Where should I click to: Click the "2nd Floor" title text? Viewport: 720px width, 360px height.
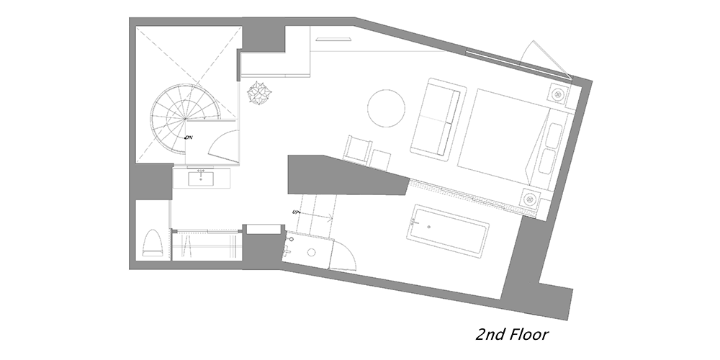pos(511,334)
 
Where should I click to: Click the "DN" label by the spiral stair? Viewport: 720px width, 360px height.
pos(189,138)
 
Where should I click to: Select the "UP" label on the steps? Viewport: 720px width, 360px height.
pos(296,212)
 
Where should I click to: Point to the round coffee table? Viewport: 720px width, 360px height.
pos(386,109)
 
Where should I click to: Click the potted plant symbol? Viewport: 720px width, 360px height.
pos(259,93)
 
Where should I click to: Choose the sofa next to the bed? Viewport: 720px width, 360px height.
pos(436,120)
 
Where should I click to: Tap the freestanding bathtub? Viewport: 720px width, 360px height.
pos(448,231)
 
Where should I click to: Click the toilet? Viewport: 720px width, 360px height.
pos(153,243)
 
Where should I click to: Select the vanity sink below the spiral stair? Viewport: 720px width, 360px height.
pos(201,179)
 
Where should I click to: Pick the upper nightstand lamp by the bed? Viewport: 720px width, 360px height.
pos(559,94)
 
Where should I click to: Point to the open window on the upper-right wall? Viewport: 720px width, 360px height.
pos(544,58)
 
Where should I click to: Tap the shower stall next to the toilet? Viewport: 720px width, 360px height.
pos(206,245)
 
